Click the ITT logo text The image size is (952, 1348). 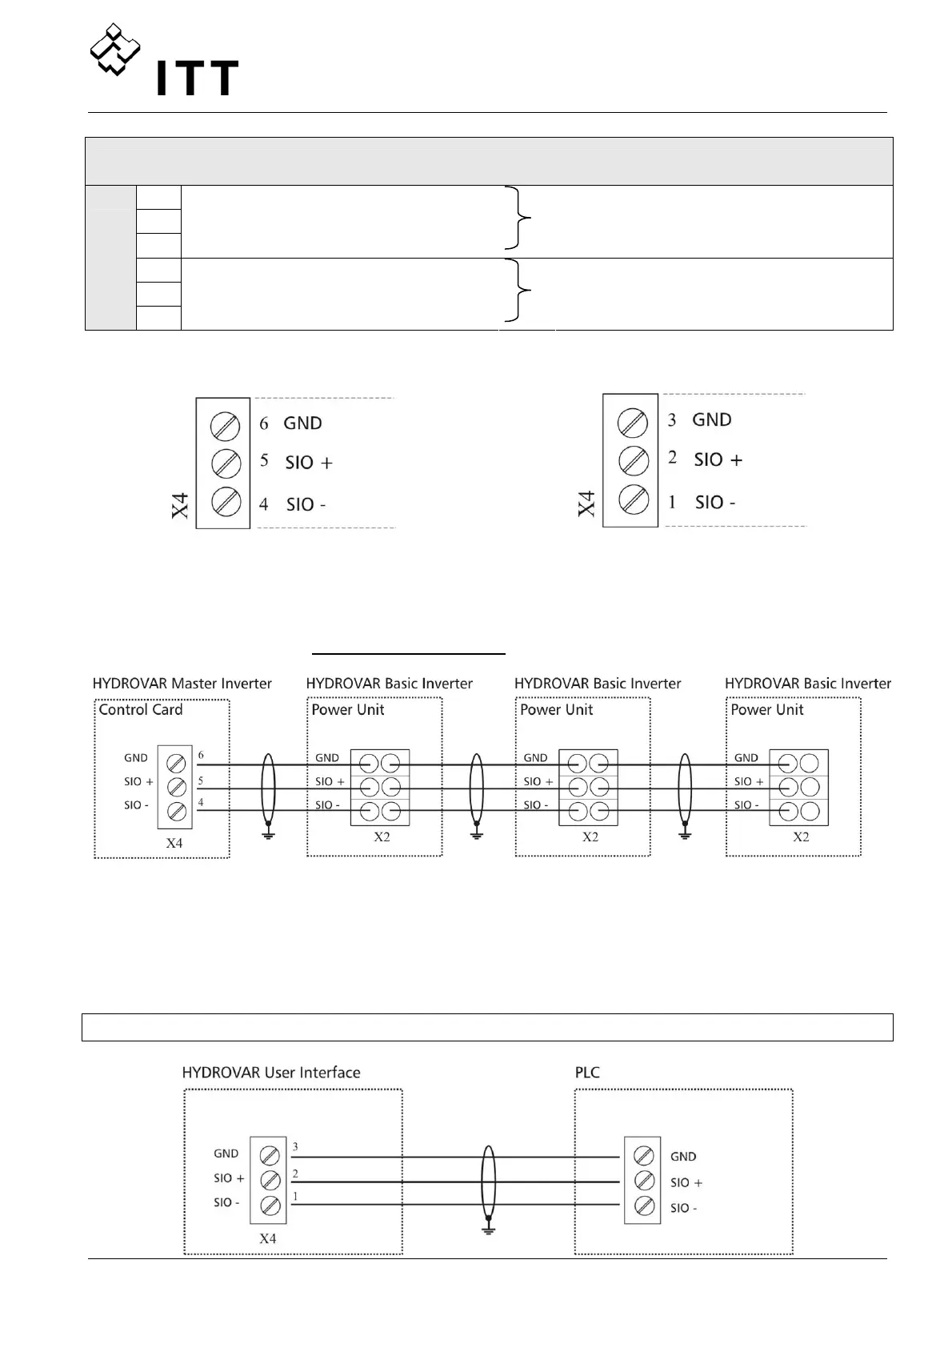tap(197, 78)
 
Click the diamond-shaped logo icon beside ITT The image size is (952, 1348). tap(114, 50)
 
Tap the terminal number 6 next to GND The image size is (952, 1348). tap(264, 423)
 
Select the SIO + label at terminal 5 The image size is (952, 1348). tap(309, 463)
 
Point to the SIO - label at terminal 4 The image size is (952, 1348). tap(306, 504)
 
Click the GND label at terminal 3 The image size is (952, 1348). tap(711, 420)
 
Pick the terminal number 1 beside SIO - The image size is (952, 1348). tap(672, 502)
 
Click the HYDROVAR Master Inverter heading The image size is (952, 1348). tap(182, 684)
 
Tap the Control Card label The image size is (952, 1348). tap(140, 710)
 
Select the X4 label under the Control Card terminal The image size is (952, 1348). tap(174, 843)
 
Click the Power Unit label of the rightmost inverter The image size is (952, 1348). tap(766, 710)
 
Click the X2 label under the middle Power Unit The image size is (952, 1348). tap(590, 837)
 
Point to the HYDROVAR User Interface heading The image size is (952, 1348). tap(270, 1073)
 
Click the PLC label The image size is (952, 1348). tap(587, 1073)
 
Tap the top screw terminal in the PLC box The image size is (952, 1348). tap(642, 1156)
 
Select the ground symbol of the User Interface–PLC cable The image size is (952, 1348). tap(488, 1229)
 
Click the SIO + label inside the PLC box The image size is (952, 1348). tap(686, 1182)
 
